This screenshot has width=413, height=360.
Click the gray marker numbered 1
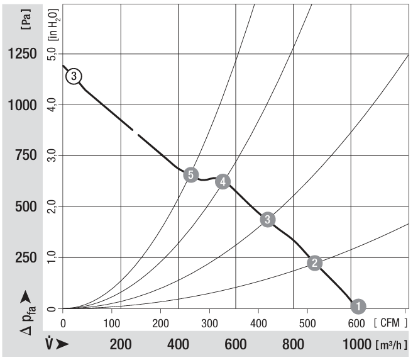(x=358, y=306)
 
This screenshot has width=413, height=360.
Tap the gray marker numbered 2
(x=316, y=263)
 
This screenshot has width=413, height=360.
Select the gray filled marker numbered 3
(x=268, y=219)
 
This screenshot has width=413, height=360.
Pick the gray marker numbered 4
(x=223, y=181)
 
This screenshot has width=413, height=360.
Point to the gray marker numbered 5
(x=192, y=174)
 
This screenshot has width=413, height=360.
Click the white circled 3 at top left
(x=74, y=76)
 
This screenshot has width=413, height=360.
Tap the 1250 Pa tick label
(x=22, y=54)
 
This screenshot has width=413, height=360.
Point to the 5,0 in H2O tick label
(x=53, y=54)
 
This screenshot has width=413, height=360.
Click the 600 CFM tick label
(x=357, y=323)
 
